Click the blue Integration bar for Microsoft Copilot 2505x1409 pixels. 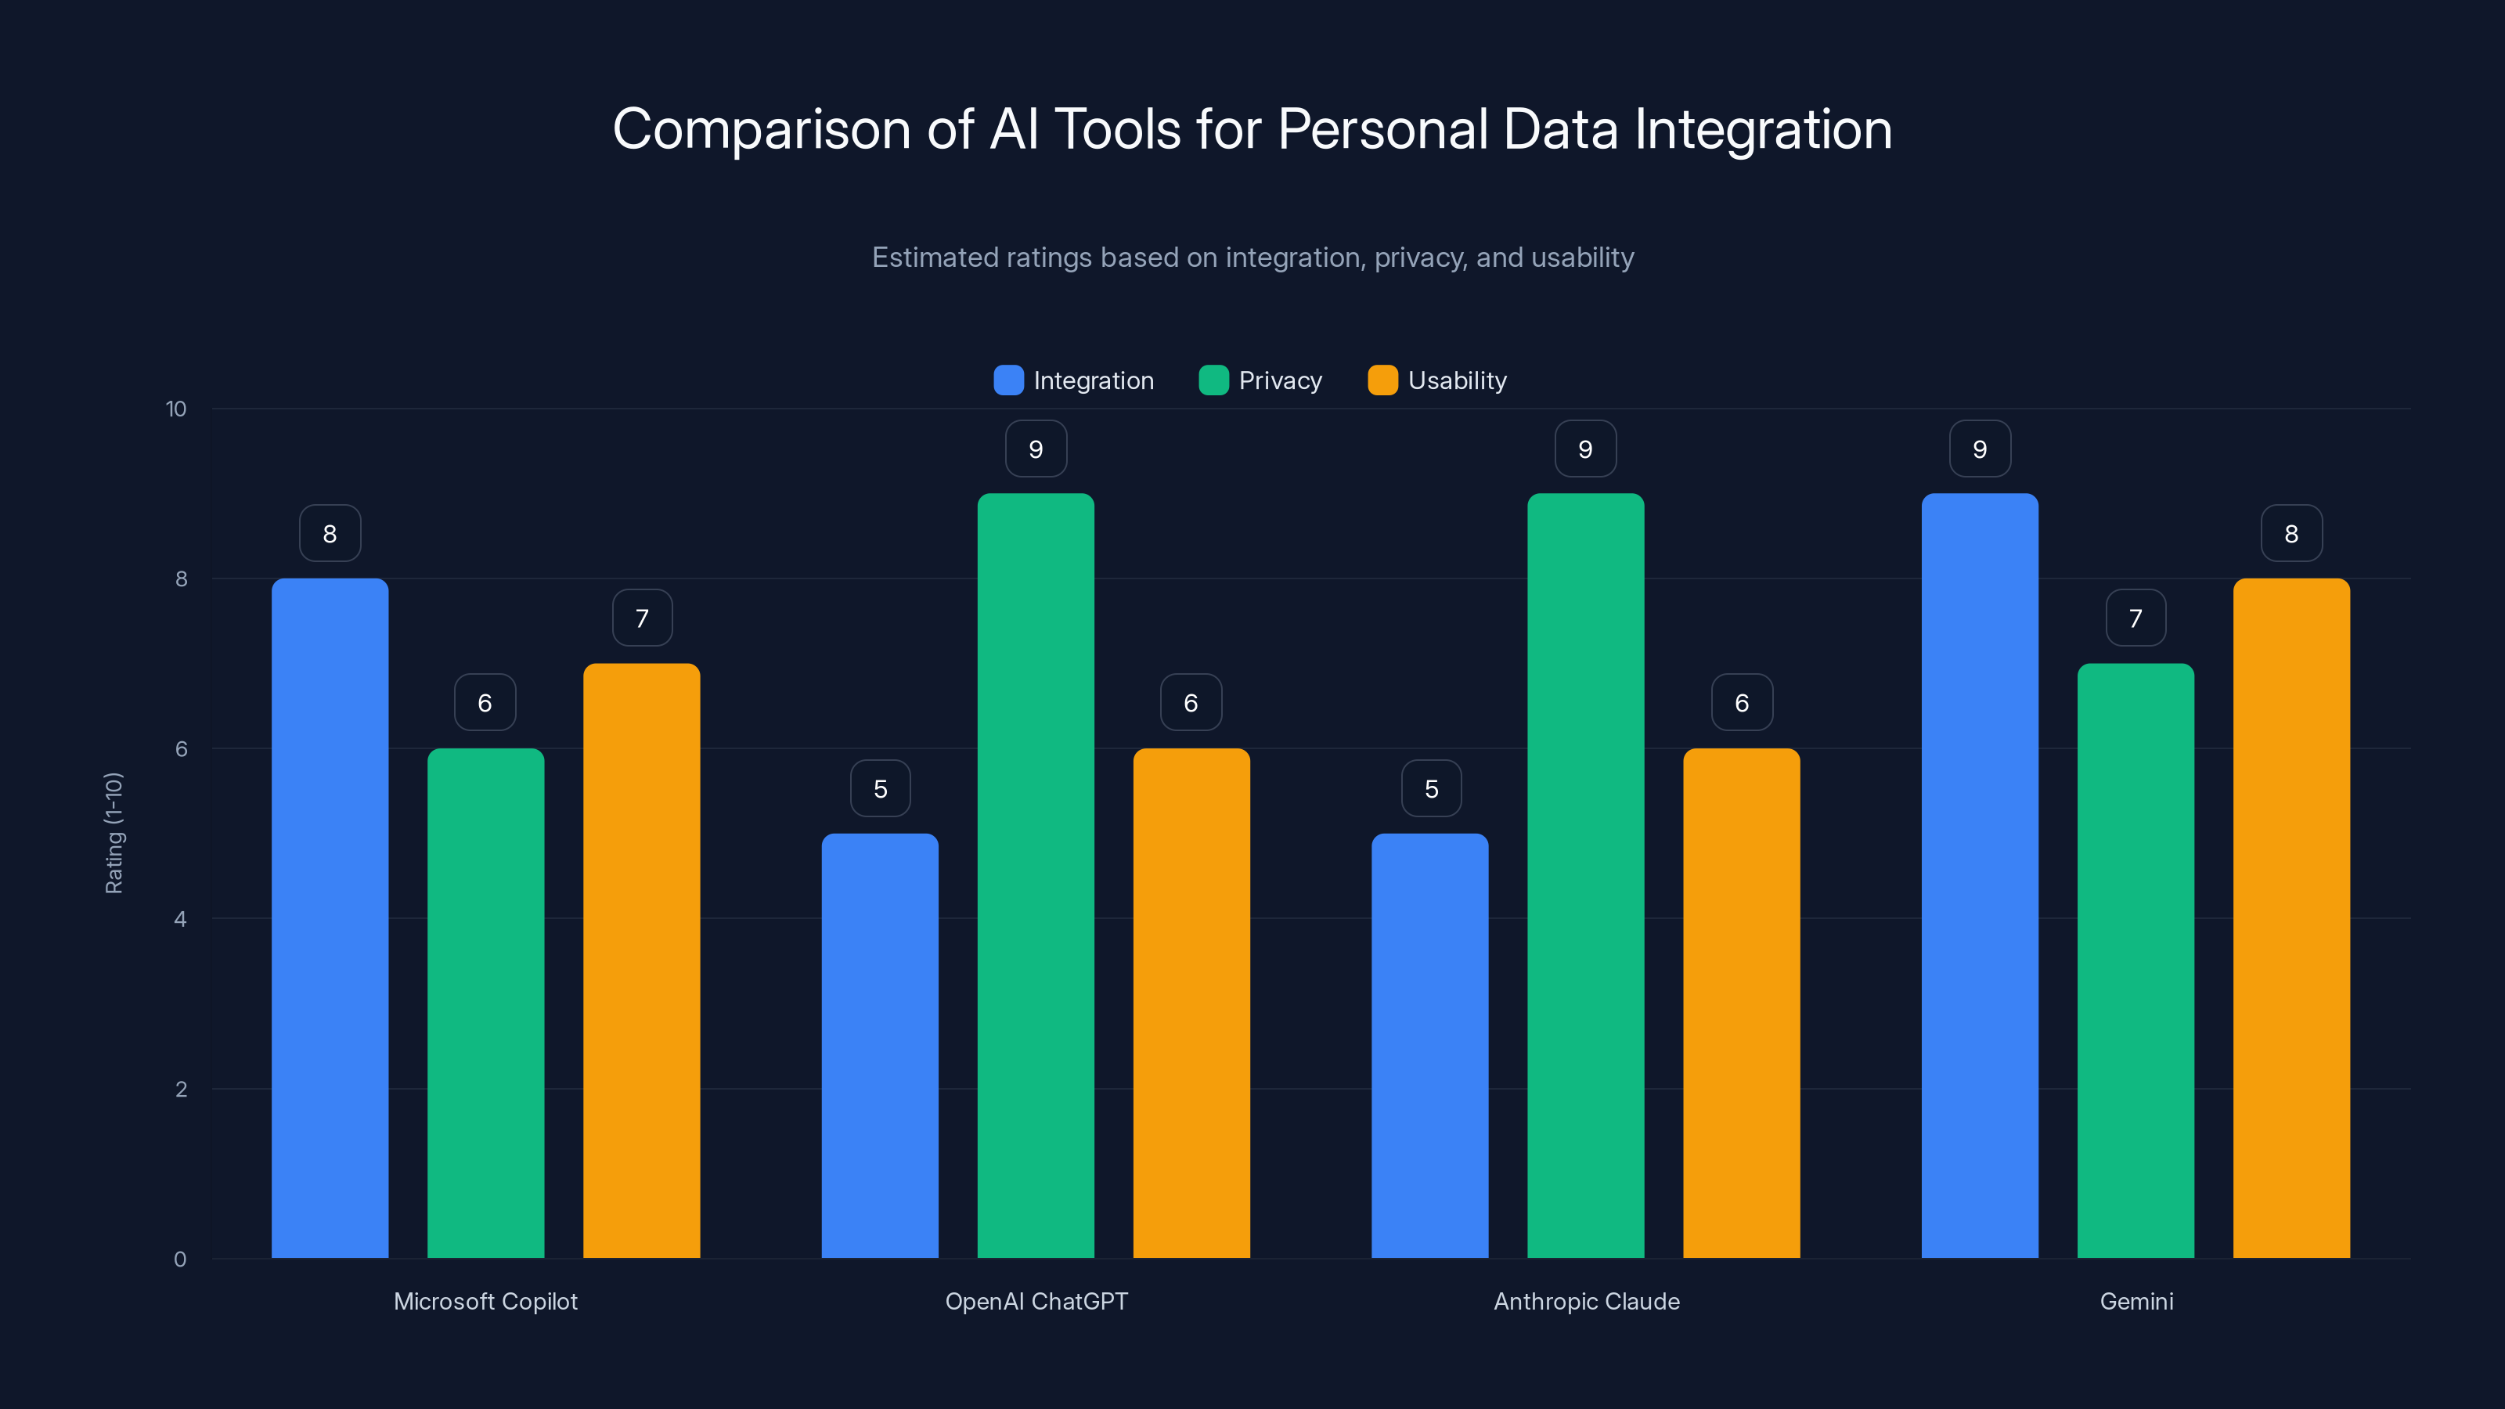pyautogui.click(x=330, y=918)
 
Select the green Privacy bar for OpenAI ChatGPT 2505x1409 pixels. pyautogui.click(x=1036, y=875)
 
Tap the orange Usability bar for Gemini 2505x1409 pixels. pyautogui.click(x=2291, y=918)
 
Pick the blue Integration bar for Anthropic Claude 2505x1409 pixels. pyautogui.click(x=1429, y=1045)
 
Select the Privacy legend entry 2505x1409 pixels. pyautogui.click(x=1260, y=380)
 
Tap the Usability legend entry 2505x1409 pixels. pyautogui.click(x=1437, y=380)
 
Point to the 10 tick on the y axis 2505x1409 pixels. pyautogui.click(x=176, y=409)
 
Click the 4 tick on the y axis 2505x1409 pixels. pyautogui.click(x=180, y=919)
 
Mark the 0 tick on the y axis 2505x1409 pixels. pyautogui.click(x=180, y=1259)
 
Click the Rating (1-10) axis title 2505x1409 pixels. pyautogui.click(x=114, y=834)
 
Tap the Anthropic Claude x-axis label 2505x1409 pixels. pyautogui.click(x=1586, y=1301)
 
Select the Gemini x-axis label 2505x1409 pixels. pyautogui.click(x=2136, y=1301)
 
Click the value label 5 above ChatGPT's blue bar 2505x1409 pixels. pyautogui.click(x=880, y=788)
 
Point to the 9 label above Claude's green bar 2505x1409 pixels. pyautogui.click(x=1585, y=449)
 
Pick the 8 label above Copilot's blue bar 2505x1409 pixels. pyautogui.click(x=330, y=534)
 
